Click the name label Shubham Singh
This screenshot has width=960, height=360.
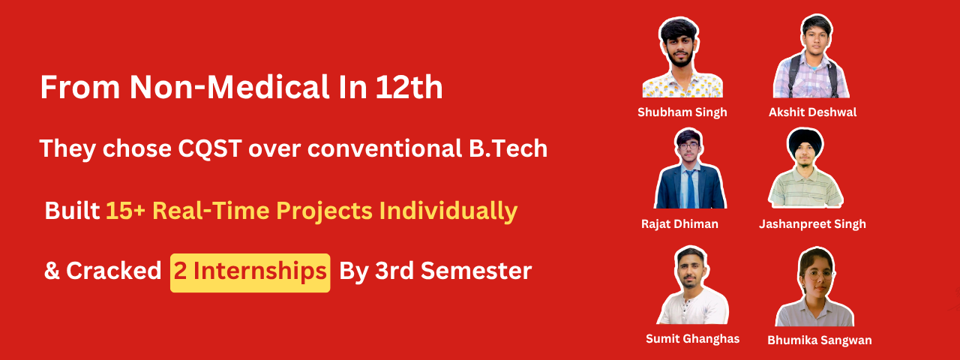coord(682,112)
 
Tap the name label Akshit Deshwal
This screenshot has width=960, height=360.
coord(812,112)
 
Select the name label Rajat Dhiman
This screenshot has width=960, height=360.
coord(679,223)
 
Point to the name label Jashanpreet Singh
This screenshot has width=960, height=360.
coord(812,224)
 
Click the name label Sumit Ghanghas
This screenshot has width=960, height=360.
coord(692,339)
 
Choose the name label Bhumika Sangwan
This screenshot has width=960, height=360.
coord(820,340)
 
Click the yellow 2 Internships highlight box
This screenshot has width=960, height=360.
coord(250,273)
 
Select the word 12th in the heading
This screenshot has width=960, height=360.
coord(409,88)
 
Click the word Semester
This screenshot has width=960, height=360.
coord(476,271)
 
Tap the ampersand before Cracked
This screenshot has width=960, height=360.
coord(52,271)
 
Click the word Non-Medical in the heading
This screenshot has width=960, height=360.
coord(229,88)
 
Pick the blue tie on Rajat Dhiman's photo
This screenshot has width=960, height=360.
coord(691,188)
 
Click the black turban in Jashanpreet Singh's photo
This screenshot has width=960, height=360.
coord(805,142)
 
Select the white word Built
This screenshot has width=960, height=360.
coord(72,211)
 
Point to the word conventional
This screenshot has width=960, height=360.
coord(384,148)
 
